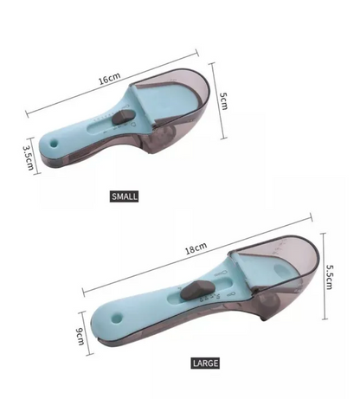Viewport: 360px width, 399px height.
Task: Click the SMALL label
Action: click(124, 196)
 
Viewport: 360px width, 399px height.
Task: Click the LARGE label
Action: click(205, 363)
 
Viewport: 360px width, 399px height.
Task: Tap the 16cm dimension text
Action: click(110, 78)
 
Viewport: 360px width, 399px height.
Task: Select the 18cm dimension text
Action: click(196, 248)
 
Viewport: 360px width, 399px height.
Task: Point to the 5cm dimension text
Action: click(223, 100)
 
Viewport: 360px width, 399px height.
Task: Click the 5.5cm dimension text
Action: click(329, 276)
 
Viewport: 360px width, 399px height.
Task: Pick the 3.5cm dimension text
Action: click(29, 158)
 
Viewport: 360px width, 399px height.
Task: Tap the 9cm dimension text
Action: click(80, 336)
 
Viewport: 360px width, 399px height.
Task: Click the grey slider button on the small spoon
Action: click(121, 118)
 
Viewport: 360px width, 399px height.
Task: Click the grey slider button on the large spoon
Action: click(197, 290)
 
